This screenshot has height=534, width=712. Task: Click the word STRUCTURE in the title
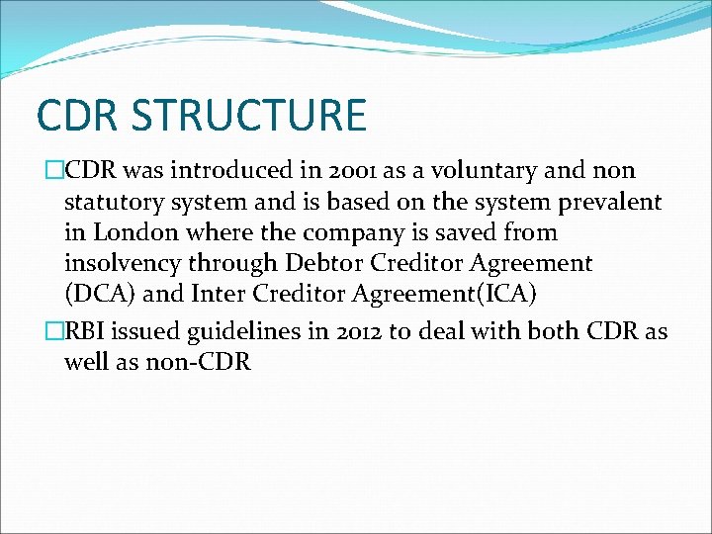248,115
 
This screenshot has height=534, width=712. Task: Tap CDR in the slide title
78,115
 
